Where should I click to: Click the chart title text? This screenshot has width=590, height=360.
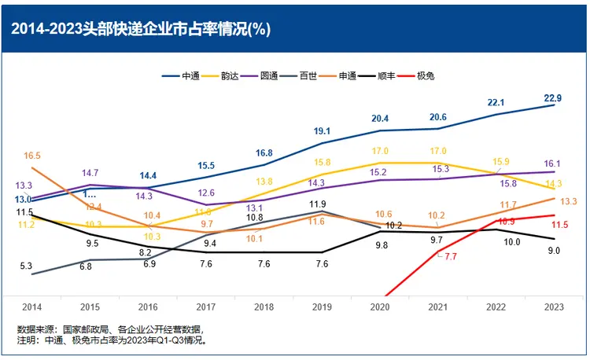[x=141, y=31]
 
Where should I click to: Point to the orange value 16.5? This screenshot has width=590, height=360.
[x=32, y=156]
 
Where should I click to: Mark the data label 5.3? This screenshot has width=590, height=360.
[x=26, y=266]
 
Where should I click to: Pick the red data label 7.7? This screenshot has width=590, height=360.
[x=450, y=257]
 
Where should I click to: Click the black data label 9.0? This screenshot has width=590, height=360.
[x=553, y=251]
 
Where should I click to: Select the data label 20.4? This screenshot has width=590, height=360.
[x=380, y=119]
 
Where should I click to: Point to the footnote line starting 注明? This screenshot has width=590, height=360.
[x=111, y=341]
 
